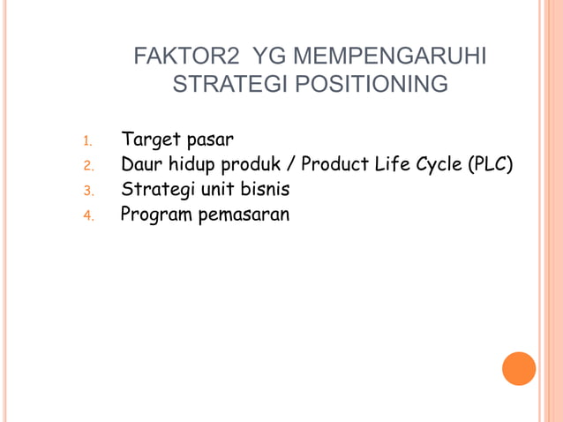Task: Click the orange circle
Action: tap(519, 368)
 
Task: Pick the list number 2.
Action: tap(87, 166)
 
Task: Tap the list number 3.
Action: tap(87, 191)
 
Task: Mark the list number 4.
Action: tap(87, 215)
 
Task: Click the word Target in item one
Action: tap(150, 140)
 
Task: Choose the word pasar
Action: tap(210, 140)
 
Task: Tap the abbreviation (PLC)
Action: tap(491, 164)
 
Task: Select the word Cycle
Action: tap(439, 164)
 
